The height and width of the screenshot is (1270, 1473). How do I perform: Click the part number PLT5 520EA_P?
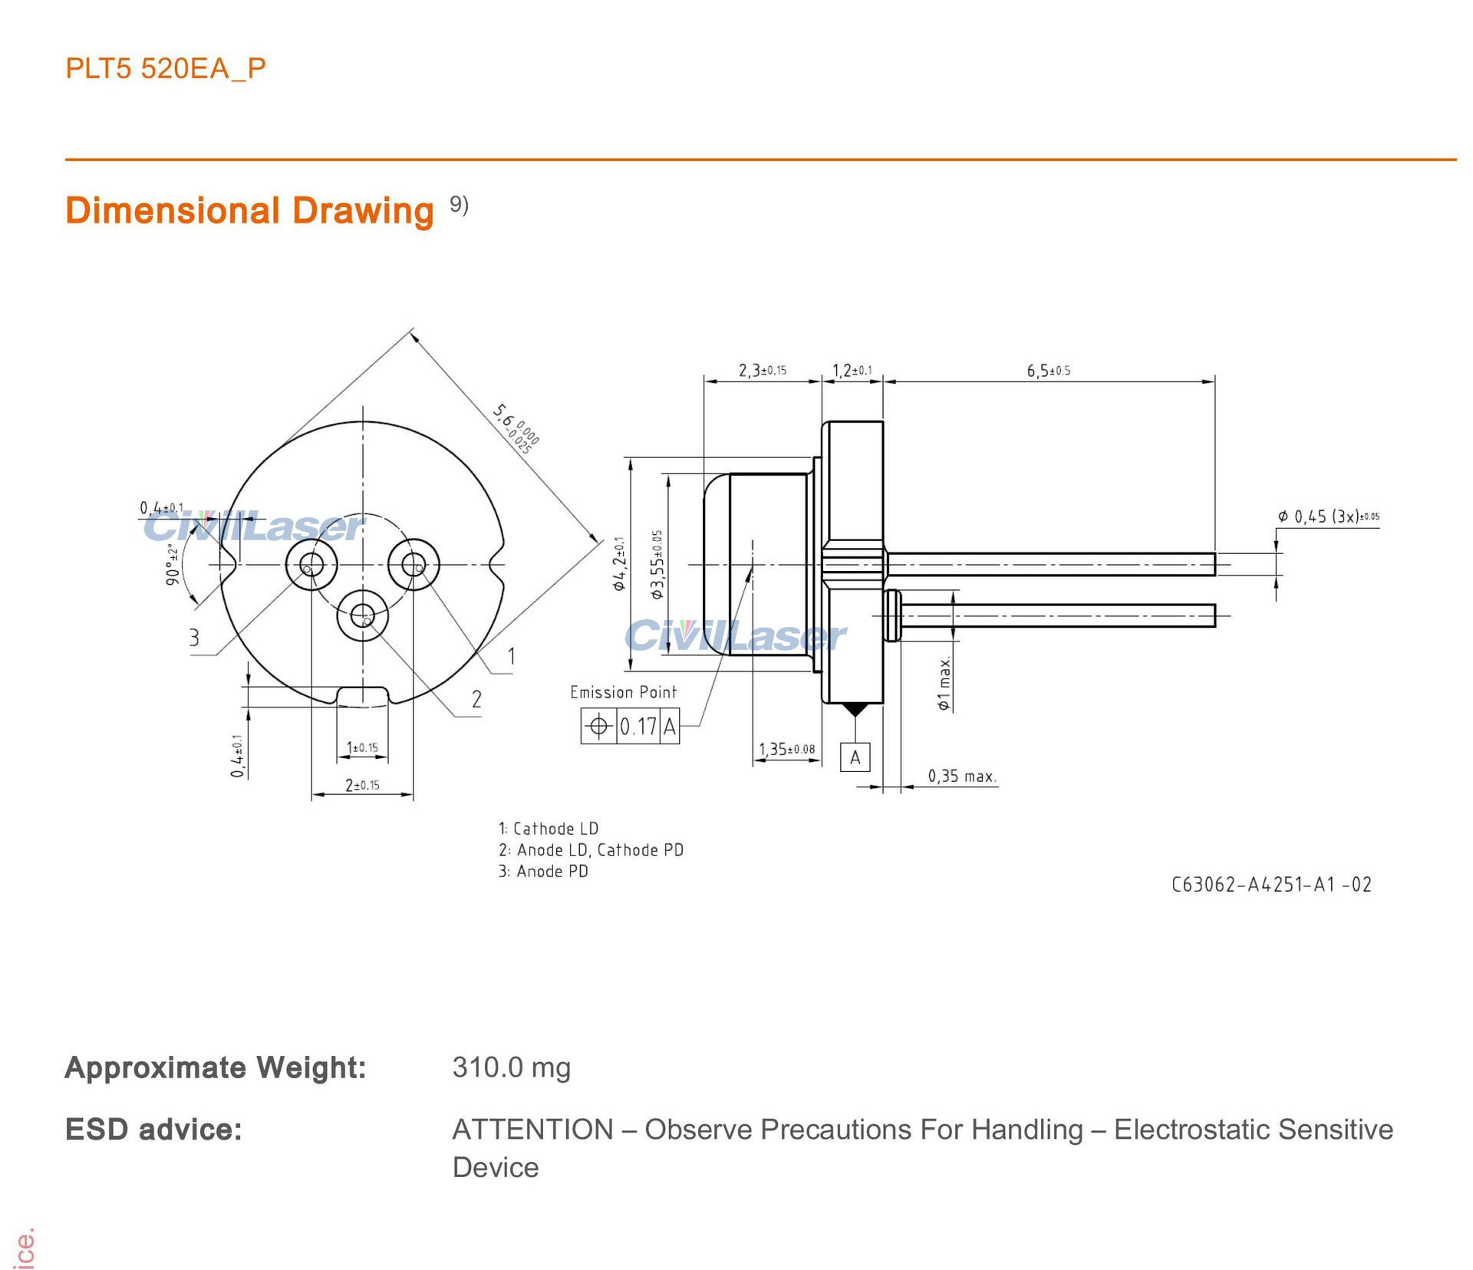point(166,69)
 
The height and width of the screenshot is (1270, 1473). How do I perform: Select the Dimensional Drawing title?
point(249,210)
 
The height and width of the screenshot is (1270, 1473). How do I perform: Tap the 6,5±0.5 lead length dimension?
point(1049,371)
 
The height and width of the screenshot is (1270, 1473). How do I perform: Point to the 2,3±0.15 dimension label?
point(763,371)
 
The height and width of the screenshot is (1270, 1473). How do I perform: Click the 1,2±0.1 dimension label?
point(852,371)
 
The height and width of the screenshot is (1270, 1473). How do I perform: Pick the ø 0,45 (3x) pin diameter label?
point(1328,516)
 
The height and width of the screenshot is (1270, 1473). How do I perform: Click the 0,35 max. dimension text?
point(962,776)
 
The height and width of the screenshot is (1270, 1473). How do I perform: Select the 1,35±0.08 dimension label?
point(787,749)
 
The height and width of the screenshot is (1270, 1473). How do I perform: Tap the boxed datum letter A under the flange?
point(855,757)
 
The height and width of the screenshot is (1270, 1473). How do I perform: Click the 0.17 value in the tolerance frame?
point(638,726)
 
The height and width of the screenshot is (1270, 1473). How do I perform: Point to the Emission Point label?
point(623,692)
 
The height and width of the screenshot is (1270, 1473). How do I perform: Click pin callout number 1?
point(511,656)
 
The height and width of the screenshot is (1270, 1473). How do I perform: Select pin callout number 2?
point(476,699)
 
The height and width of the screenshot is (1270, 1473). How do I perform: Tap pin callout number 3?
point(194,638)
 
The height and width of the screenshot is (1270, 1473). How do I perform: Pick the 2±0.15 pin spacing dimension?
point(362,785)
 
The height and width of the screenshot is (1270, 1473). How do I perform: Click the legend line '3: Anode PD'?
point(543,871)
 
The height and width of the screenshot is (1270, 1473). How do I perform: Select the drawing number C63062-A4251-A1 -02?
point(1271,885)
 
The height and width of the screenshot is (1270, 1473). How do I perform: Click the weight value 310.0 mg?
point(512,1067)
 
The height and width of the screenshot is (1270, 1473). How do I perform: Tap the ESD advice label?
point(153,1130)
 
